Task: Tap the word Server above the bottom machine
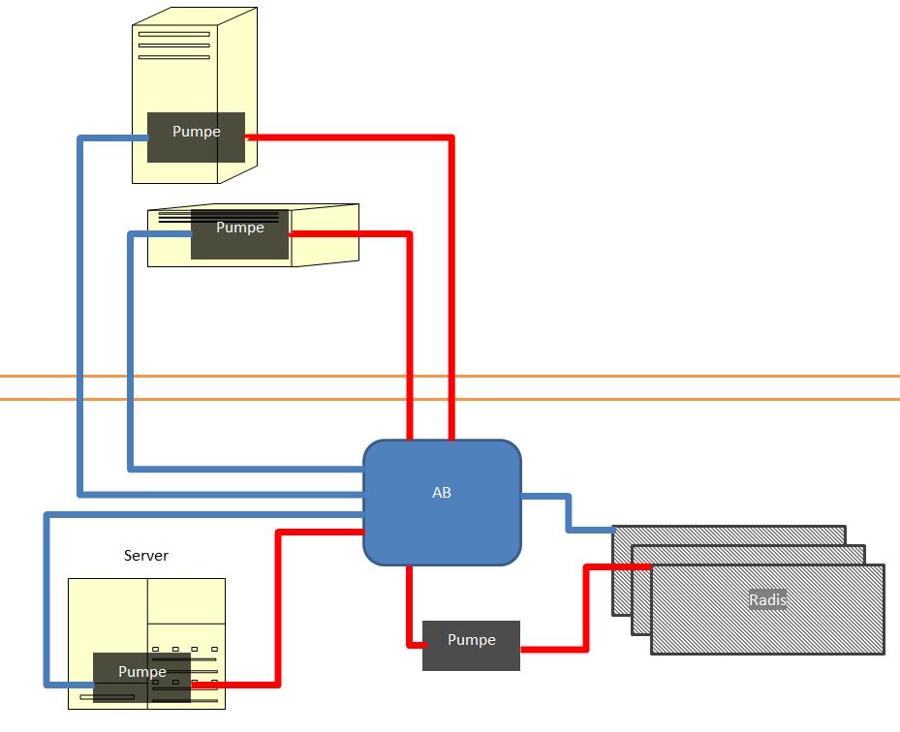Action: pos(146,556)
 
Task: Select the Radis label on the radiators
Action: pos(767,600)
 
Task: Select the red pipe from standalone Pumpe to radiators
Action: pos(585,610)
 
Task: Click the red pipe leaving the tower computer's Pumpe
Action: pos(450,290)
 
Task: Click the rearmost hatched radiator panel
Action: pos(727,534)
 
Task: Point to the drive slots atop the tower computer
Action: pos(173,46)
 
